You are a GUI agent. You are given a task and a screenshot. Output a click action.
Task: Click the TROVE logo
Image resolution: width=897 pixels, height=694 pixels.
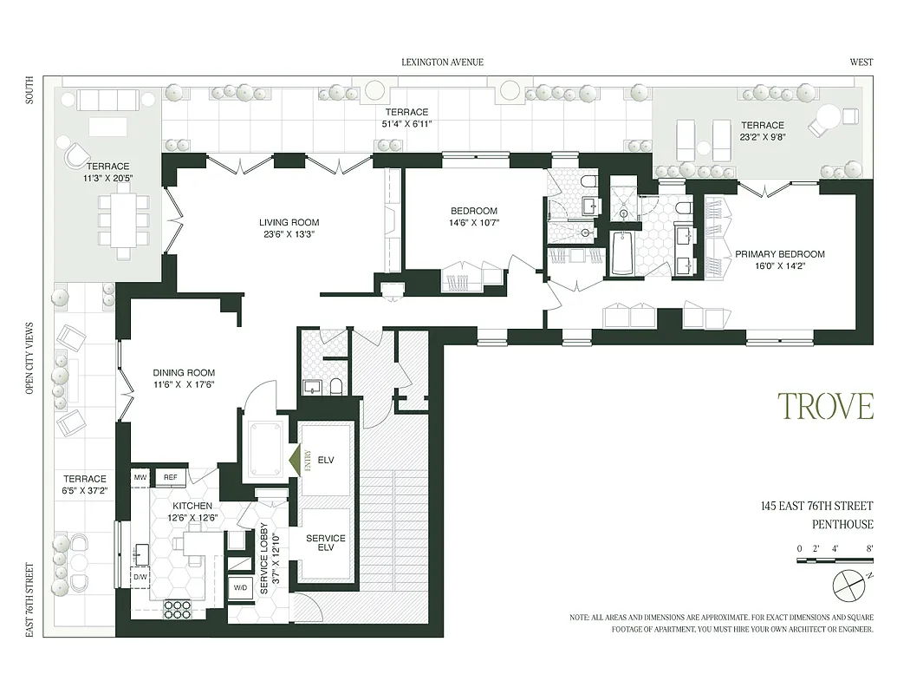(x=824, y=406)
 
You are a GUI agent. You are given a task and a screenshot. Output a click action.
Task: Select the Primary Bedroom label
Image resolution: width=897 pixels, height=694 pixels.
(x=779, y=254)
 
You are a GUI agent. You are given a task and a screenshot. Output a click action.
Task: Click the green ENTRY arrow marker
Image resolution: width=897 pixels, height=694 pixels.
(x=294, y=458)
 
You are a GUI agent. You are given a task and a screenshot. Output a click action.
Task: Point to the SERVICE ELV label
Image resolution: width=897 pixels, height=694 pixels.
(x=326, y=544)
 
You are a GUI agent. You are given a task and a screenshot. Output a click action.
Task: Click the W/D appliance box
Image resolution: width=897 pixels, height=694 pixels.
(x=240, y=587)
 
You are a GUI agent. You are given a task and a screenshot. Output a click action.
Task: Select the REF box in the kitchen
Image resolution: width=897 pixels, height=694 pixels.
(x=171, y=477)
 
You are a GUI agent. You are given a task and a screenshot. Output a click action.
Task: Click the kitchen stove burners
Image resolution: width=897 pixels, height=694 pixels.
(x=177, y=608)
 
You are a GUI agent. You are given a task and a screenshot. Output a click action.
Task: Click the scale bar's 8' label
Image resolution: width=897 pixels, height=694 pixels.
(x=868, y=548)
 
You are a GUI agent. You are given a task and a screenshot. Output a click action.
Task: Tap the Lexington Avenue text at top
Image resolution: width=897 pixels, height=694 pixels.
(x=442, y=62)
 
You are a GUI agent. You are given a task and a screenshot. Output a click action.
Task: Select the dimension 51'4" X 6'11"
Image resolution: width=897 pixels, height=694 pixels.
(x=407, y=124)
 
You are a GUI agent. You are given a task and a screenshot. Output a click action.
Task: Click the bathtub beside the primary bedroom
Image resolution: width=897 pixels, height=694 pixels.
(x=622, y=252)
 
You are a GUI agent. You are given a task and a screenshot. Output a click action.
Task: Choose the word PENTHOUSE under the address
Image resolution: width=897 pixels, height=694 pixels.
(x=842, y=524)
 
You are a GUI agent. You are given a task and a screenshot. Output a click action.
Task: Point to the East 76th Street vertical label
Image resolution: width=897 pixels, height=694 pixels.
(x=29, y=599)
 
